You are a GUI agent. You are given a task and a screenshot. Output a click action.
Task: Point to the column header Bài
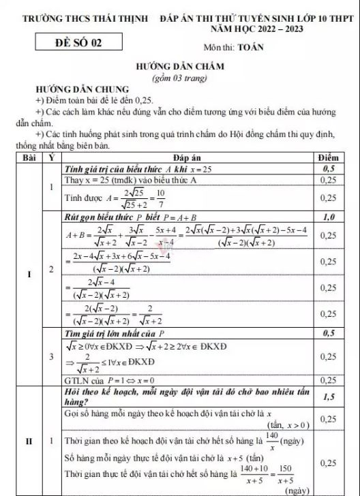28,157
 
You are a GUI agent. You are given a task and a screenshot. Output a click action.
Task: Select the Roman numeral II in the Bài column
28,441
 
